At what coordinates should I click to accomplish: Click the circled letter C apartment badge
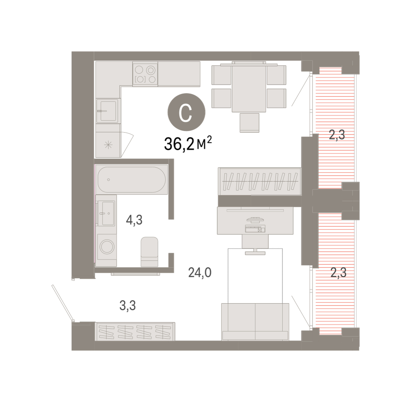[x=186, y=112]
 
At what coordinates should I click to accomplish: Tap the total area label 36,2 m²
[x=188, y=144]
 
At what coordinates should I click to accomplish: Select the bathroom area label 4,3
[x=134, y=220]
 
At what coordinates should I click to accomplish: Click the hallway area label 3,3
[x=127, y=305]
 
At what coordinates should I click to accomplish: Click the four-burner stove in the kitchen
[x=145, y=74]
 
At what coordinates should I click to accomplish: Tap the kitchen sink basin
[x=108, y=111]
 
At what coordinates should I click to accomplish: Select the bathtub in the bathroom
[x=132, y=180]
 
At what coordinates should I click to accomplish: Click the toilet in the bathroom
[x=149, y=252]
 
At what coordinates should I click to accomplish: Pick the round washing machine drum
[x=107, y=246]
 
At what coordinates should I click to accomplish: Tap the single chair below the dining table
[x=249, y=123]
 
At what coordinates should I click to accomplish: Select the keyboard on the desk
[x=255, y=229]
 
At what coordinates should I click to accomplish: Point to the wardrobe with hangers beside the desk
[x=260, y=181]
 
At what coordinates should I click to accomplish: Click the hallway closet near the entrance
[x=135, y=331]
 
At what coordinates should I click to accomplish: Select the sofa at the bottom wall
[x=255, y=322]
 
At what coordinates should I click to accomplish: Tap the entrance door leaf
[x=63, y=303]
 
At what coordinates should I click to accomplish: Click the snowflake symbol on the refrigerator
[x=108, y=145]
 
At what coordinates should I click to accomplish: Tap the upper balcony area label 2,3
[x=337, y=134]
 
